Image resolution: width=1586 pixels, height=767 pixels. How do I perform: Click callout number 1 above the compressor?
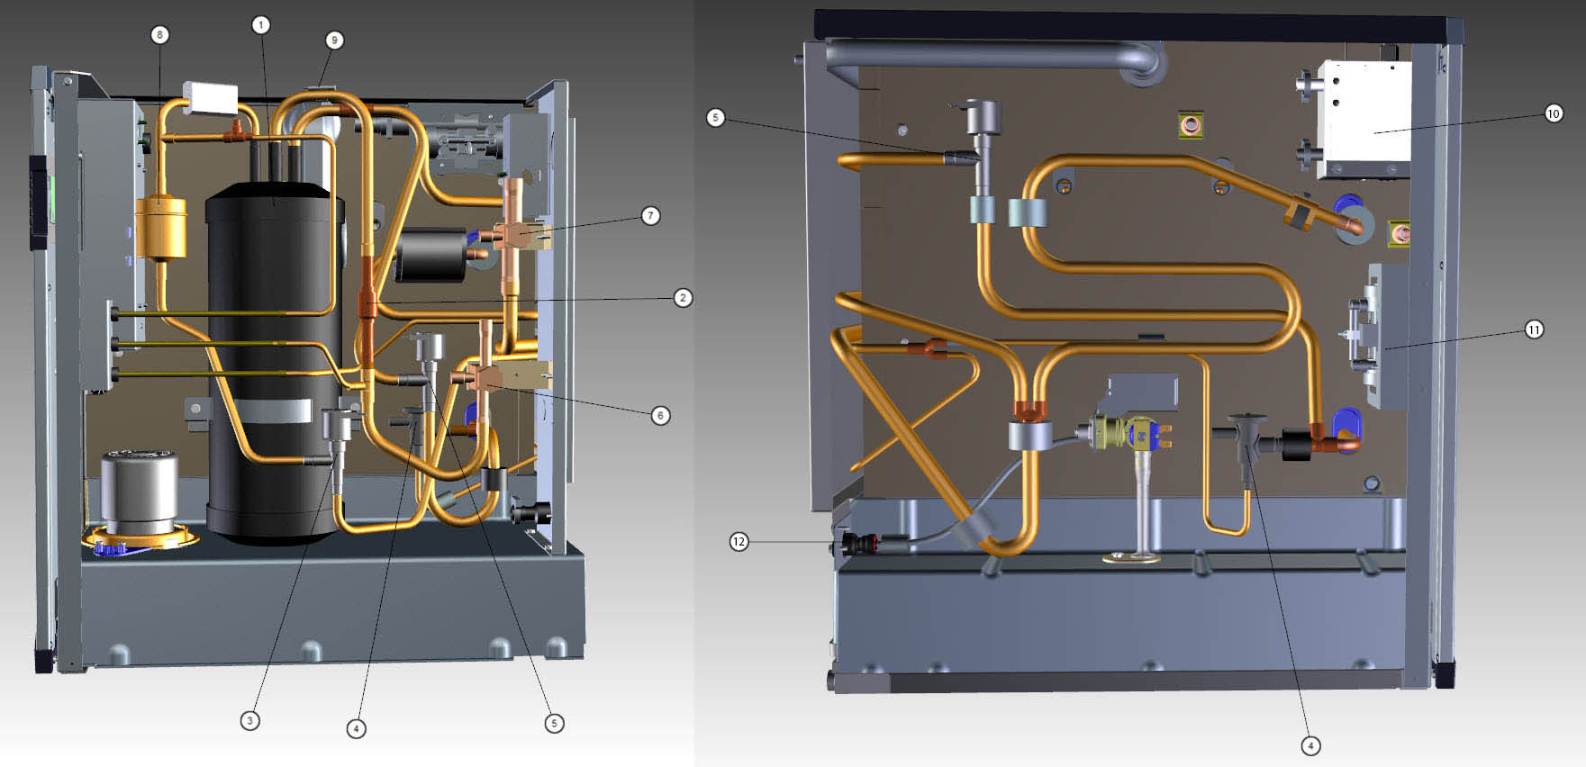[260, 24]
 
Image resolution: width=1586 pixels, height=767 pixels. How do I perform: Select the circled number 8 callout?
[159, 35]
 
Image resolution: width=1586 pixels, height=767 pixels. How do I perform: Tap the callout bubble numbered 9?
[334, 40]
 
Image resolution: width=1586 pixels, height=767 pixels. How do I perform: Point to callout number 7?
[650, 215]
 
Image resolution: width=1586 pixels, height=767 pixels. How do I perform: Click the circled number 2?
[683, 297]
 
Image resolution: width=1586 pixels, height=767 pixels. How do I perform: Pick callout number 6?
[660, 415]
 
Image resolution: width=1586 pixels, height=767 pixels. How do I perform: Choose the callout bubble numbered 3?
[249, 720]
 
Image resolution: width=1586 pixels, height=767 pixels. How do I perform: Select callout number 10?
[1553, 113]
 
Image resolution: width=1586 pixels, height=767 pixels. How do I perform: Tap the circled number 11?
[1534, 329]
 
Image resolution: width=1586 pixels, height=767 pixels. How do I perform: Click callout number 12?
[739, 541]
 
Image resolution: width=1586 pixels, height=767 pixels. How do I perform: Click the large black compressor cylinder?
[275, 360]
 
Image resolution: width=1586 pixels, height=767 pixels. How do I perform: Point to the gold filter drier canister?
[160, 228]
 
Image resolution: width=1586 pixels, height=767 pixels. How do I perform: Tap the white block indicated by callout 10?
[1363, 120]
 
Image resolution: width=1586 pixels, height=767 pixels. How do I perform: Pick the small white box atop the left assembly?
[210, 95]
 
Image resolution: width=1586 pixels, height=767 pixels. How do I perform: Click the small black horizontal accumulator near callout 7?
[430, 255]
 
